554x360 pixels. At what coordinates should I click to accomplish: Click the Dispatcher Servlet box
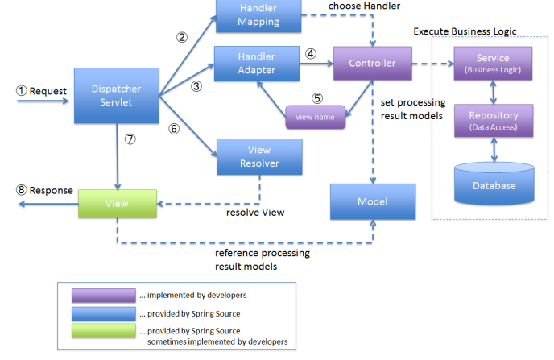[x=117, y=95]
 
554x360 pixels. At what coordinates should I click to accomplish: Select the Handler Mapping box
[x=258, y=16]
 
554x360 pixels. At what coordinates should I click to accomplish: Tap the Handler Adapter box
[x=257, y=64]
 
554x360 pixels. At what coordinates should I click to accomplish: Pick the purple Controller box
[x=373, y=64]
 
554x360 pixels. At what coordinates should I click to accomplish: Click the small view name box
[x=315, y=117]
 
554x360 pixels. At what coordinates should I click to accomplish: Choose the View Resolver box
[x=259, y=156]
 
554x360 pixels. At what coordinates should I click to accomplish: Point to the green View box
[x=118, y=204]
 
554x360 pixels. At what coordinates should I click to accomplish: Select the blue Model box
[x=373, y=201]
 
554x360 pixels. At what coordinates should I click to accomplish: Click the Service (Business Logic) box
[x=493, y=64]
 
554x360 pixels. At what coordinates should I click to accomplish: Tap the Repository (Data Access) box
[x=494, y=121]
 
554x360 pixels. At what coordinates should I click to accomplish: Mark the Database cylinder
[x=494, y=184]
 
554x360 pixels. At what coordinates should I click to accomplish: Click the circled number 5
[x=317, y=98]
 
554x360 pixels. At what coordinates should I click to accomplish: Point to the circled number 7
[x=130, y=139]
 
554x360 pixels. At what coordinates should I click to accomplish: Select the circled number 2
[x=182, y=37]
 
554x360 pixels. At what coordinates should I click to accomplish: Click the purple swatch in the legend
[x=104, y=296]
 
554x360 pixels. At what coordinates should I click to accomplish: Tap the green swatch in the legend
[x=104, y=331]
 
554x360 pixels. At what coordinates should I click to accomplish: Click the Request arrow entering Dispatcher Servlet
[x=43, y=101]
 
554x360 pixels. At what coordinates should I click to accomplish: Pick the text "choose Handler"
[x=364, y=6]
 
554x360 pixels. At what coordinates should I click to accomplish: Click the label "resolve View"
[x=255, y=213]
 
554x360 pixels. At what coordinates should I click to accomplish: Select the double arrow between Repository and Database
[x=494, y=150]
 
